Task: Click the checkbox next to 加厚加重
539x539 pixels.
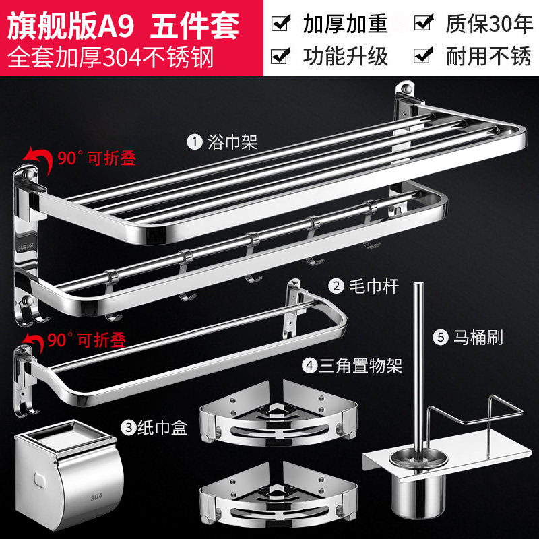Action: point(281,23)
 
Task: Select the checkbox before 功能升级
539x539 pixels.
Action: point(280,55)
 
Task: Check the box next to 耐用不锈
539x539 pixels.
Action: point(424,55)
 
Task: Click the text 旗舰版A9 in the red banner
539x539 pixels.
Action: point(71,26)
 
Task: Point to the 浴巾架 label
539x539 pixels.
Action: point(232,141)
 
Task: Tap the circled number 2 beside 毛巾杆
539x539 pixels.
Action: point(336,286)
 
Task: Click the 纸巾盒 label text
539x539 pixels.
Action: point(162,428)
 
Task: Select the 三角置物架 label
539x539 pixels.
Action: point(360,365)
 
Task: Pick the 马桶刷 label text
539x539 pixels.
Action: point(478,338)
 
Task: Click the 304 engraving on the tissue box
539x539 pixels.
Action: point(96,497)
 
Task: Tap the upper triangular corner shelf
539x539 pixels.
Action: point(279,414)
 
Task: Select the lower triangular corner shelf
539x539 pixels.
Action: point(279,495)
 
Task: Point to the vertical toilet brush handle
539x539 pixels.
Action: point(418,368)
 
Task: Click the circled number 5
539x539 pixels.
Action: point(441,338)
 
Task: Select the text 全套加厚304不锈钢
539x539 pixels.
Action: point(110,57)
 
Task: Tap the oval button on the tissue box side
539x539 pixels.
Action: point(40,480)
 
